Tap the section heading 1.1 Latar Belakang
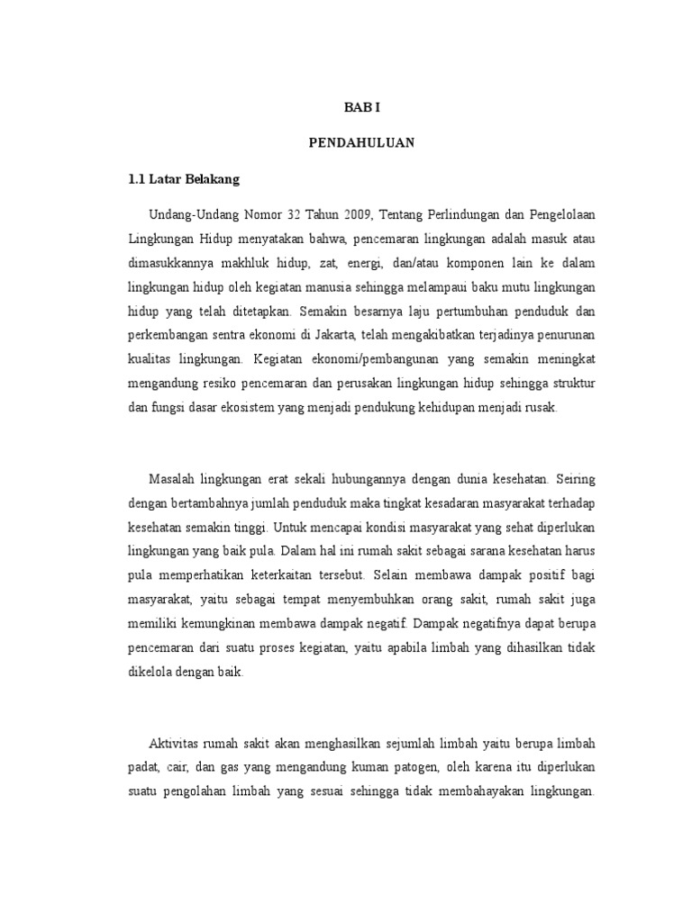pyautogui.click(x=184, y=180)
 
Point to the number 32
pyautogui.click(x=296, y=215)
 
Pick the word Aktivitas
pyautogui.click(x=179, y=743)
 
